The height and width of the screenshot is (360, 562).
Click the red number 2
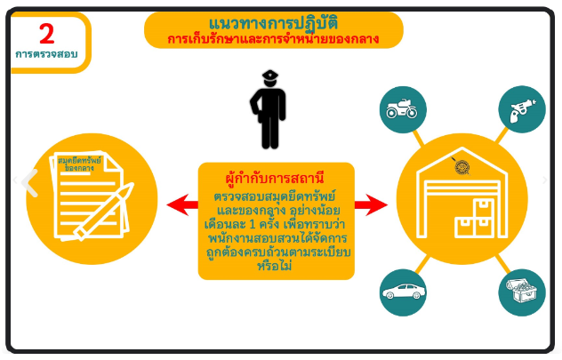pos(46,35)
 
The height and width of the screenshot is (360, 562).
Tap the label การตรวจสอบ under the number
pos(46,55)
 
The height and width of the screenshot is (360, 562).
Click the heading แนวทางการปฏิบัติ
pos(273,22)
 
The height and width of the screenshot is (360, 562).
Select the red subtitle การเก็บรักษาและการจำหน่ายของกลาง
pos(273,39)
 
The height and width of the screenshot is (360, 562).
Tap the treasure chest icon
pos(521,292)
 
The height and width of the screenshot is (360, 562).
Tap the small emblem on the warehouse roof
pos(462,165)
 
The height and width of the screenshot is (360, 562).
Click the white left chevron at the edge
pos(31,182)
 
